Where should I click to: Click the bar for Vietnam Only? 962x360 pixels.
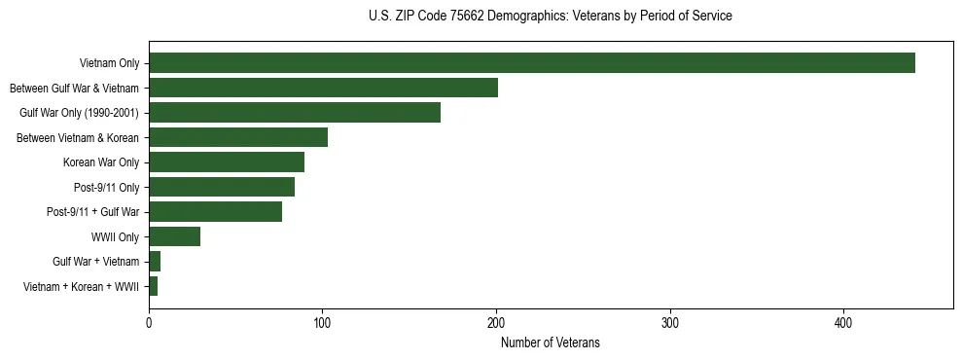pos(532,63)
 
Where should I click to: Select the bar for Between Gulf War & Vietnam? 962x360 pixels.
pos(323,88)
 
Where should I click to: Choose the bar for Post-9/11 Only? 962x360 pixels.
pos(222,187)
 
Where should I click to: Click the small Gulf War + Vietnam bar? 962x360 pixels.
pos(155,262)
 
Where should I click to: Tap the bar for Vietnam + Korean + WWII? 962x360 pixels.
pos(153,286)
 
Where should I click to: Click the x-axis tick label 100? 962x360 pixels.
pos(322,322)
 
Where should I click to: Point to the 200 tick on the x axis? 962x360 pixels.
pos(496,322)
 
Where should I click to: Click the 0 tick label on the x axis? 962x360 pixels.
pos(149,322)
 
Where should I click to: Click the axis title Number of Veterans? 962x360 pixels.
pos(550,342)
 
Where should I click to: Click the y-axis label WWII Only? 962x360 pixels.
pos(115,236)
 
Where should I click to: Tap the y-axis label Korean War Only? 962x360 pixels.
pos(101,162)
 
